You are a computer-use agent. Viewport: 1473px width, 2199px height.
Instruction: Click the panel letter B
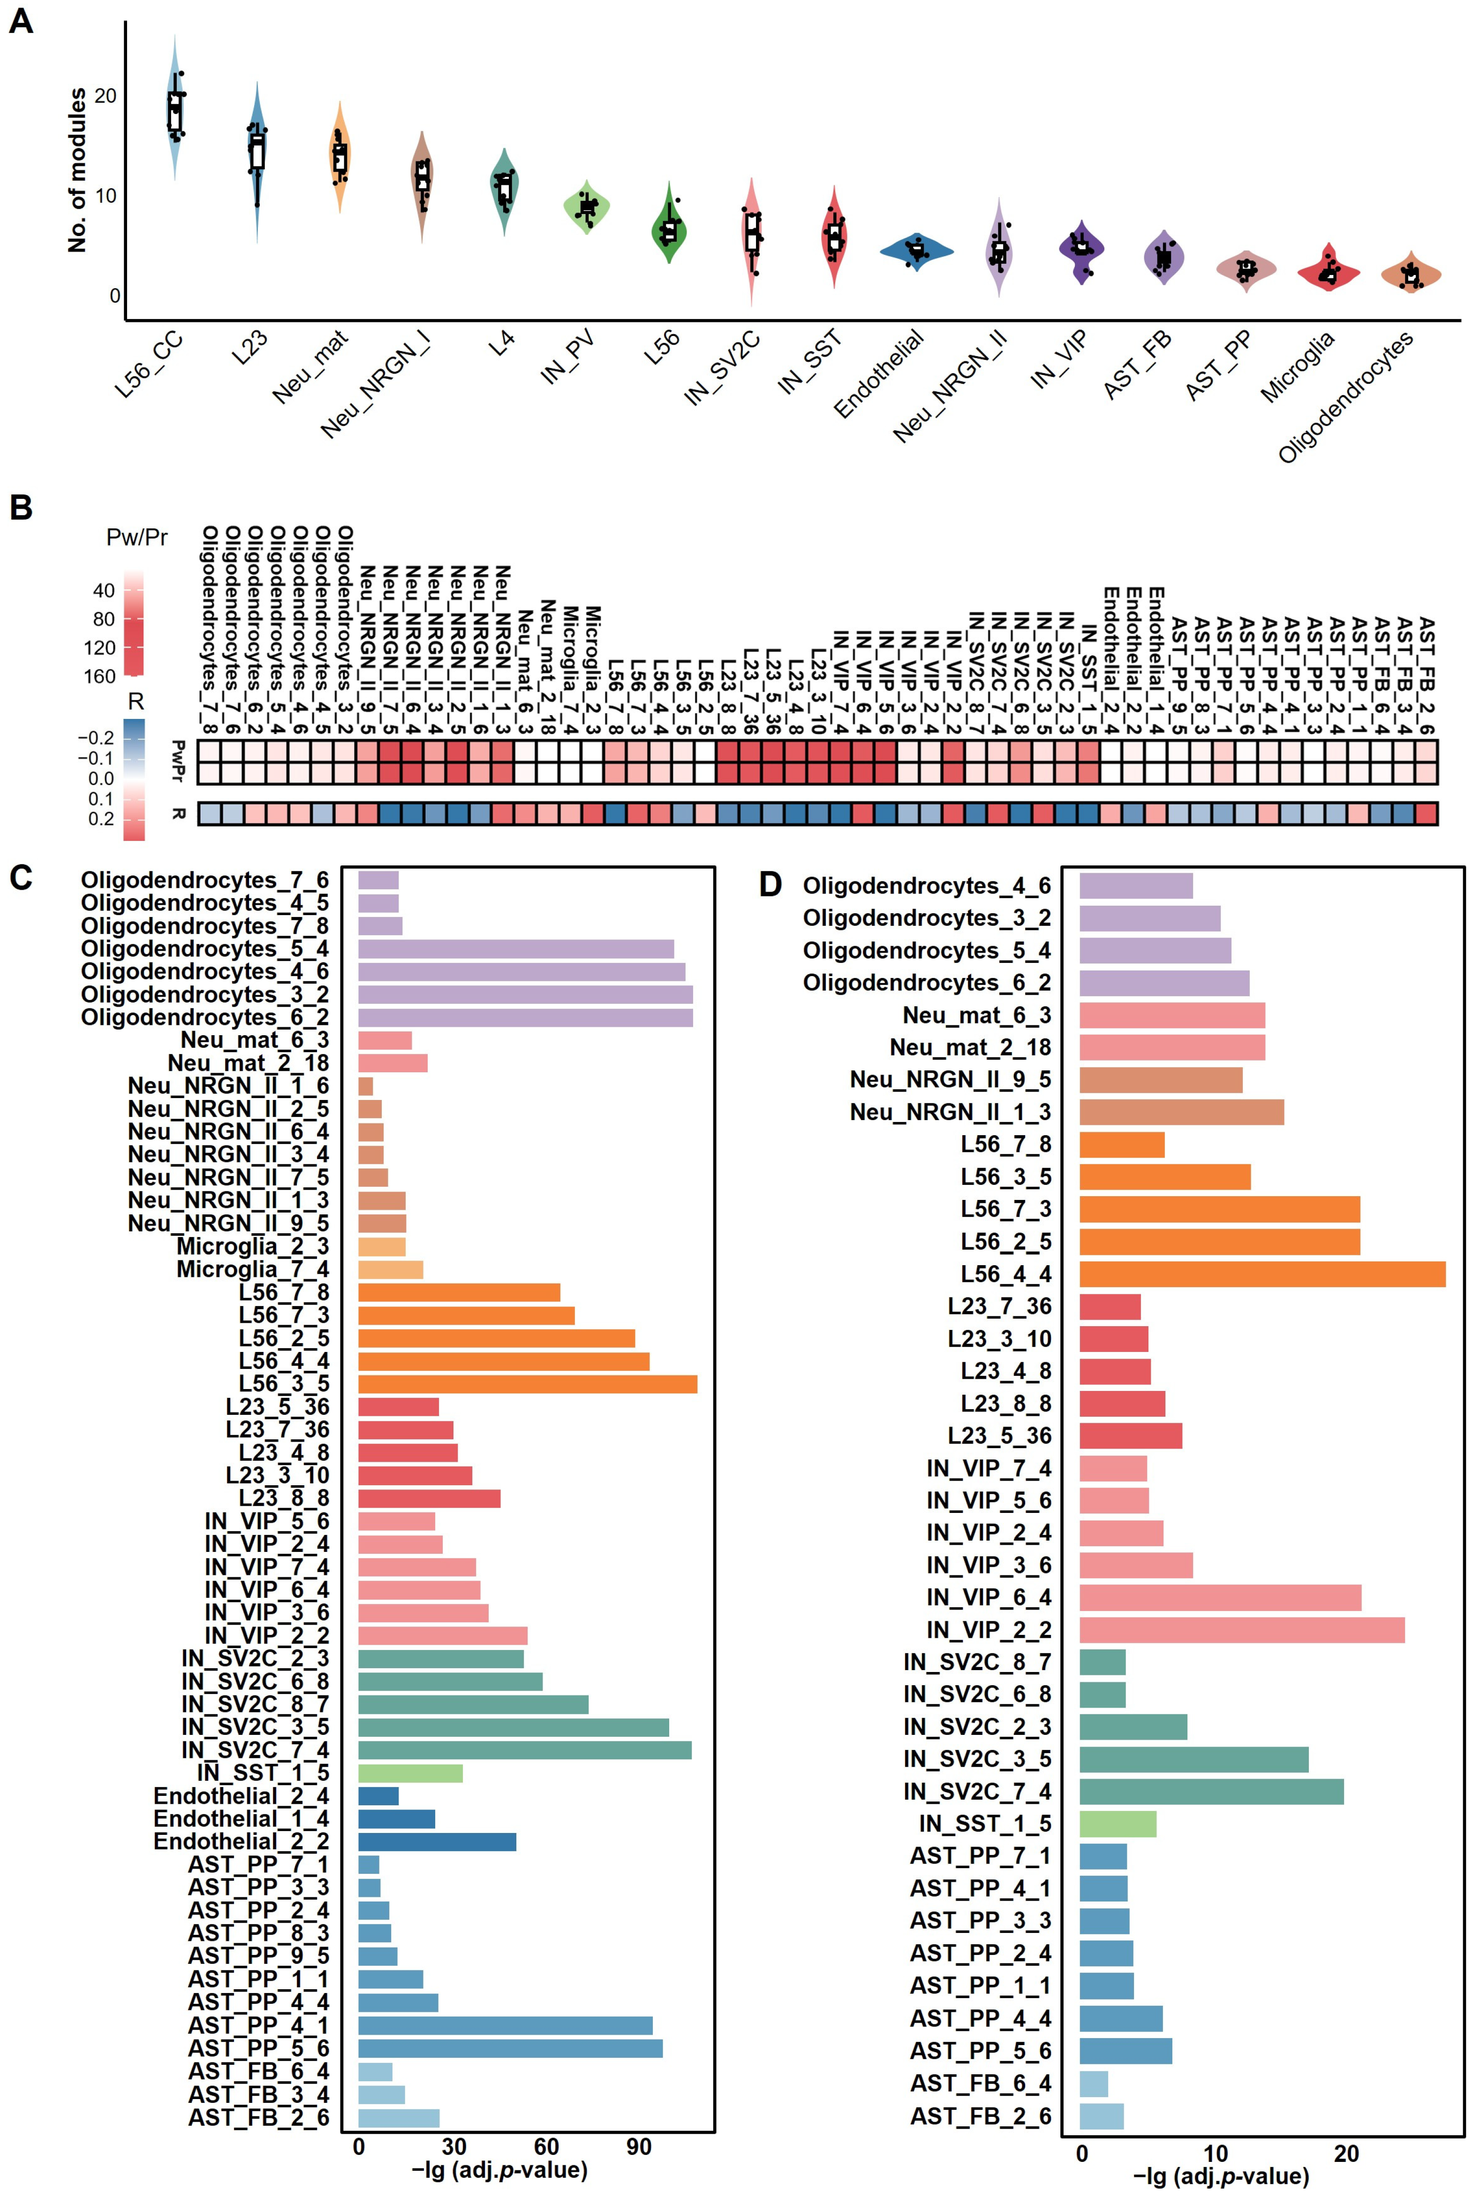[x=21, y=508]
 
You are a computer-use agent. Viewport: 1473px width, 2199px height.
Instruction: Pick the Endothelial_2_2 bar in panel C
[x=437, y=1842]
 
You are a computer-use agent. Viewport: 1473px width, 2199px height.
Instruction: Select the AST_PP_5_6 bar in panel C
[x=510, y=2049]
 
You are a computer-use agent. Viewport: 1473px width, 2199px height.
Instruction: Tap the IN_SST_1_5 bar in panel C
[x=410, y=1773]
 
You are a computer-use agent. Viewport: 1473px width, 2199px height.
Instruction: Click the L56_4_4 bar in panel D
[x=1261, y=1274]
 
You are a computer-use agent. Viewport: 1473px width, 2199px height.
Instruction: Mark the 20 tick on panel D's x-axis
[x=1346, y=2154]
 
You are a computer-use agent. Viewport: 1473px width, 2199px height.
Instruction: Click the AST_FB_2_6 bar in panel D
[x=1101, y=2116]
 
